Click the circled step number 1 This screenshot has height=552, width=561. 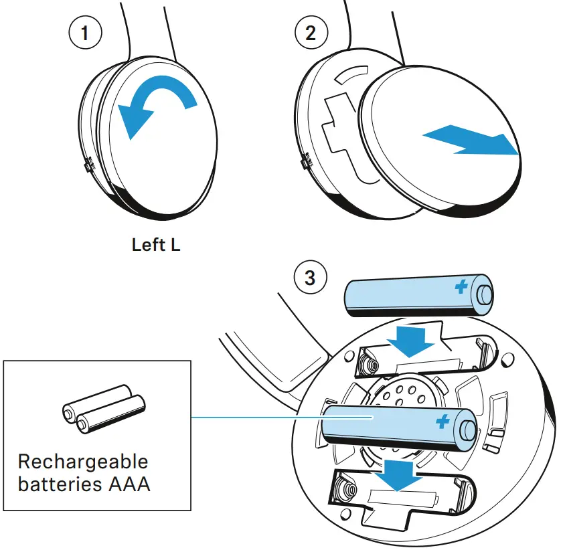pos(84,33)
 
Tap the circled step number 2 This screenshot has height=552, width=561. pos(310,33)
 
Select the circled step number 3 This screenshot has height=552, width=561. pos(310,276)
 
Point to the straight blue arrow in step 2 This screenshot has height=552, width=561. pos(471,142)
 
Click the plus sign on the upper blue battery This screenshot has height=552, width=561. pos(461,288)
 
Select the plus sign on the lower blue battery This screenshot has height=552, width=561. pos(442,422)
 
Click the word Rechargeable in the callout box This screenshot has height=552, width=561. pos(83,462)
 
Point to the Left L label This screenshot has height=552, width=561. pos(156,245)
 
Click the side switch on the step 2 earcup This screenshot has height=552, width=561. pos(306,161)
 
